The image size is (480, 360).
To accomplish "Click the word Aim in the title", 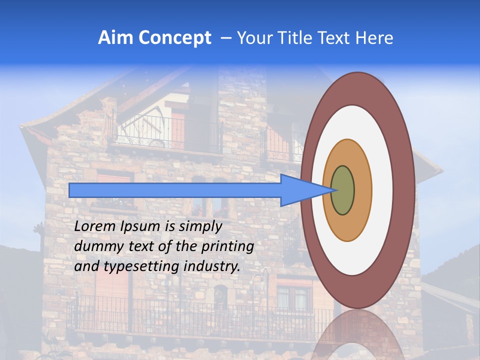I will click(x=115, y=38).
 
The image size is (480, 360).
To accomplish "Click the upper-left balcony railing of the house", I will click(x=165, y=134).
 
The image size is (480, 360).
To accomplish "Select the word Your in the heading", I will click(x=252, y=38).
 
